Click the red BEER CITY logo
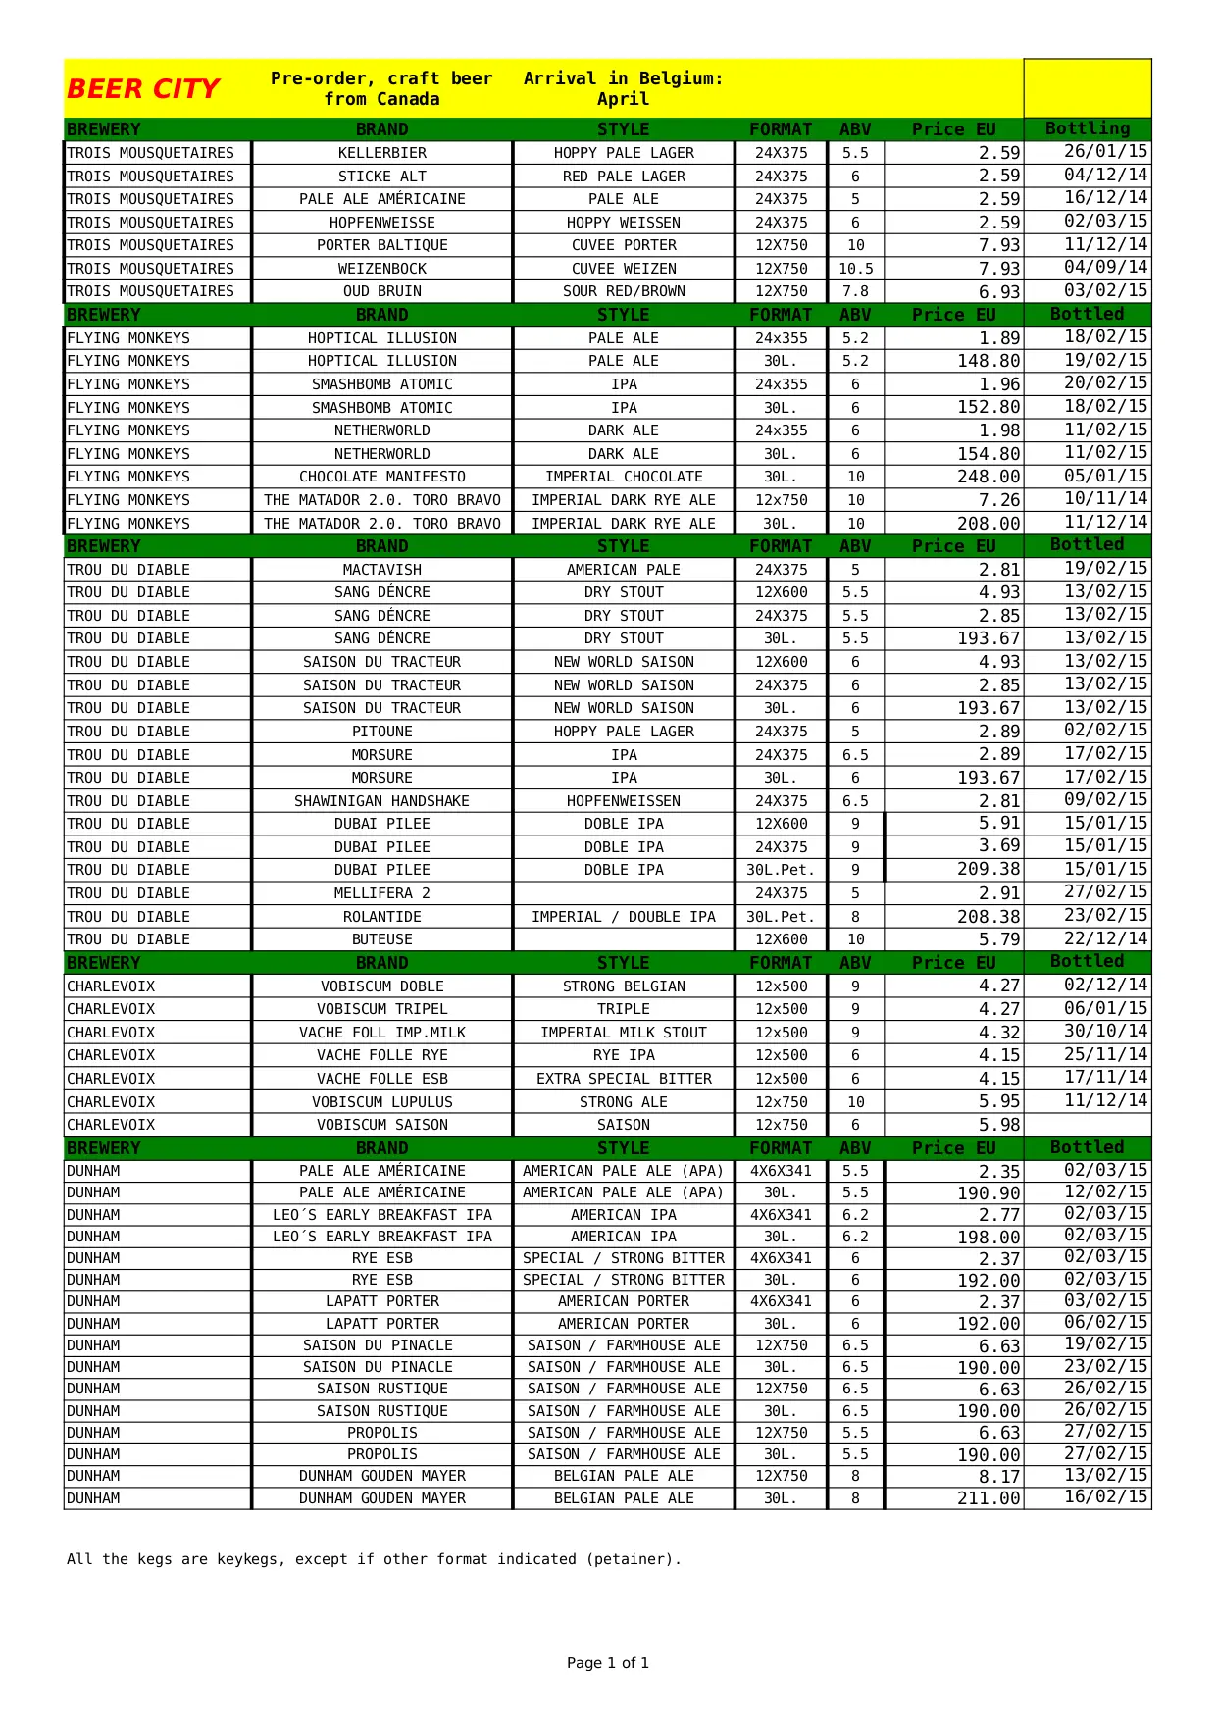[143, 89]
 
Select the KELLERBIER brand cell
[381, 153]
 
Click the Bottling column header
[1087, 128]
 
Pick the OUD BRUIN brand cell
[381, 291]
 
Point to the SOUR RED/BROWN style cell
[624, 291]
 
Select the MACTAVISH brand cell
[381, 570]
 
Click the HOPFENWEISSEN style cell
[624, 801]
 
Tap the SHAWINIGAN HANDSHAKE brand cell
[381, 801]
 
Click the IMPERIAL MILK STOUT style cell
[624, 1033]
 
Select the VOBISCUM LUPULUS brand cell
[381, 1102]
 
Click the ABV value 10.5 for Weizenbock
[855, 269]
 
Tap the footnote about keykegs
[374, 1559]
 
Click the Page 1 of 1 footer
[608, 1663]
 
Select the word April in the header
[624, 99]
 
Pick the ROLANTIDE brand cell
[381, 917]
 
